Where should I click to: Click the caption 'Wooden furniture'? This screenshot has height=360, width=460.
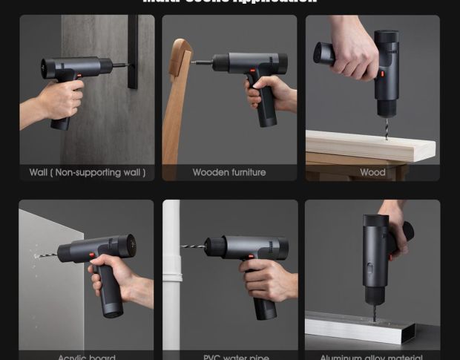(x=229, y=172)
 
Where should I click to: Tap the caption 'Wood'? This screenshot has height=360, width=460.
(x=372, y=172)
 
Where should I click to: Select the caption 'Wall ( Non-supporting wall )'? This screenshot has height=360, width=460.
(x=87, y=172)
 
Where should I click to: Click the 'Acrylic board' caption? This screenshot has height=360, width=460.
(x=87, y=356)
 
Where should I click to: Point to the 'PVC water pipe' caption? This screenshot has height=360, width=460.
(x=236, y=356)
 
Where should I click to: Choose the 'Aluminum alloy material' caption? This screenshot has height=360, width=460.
(x=372, y=356)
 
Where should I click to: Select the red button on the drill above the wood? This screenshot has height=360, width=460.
(x=383, y=74)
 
